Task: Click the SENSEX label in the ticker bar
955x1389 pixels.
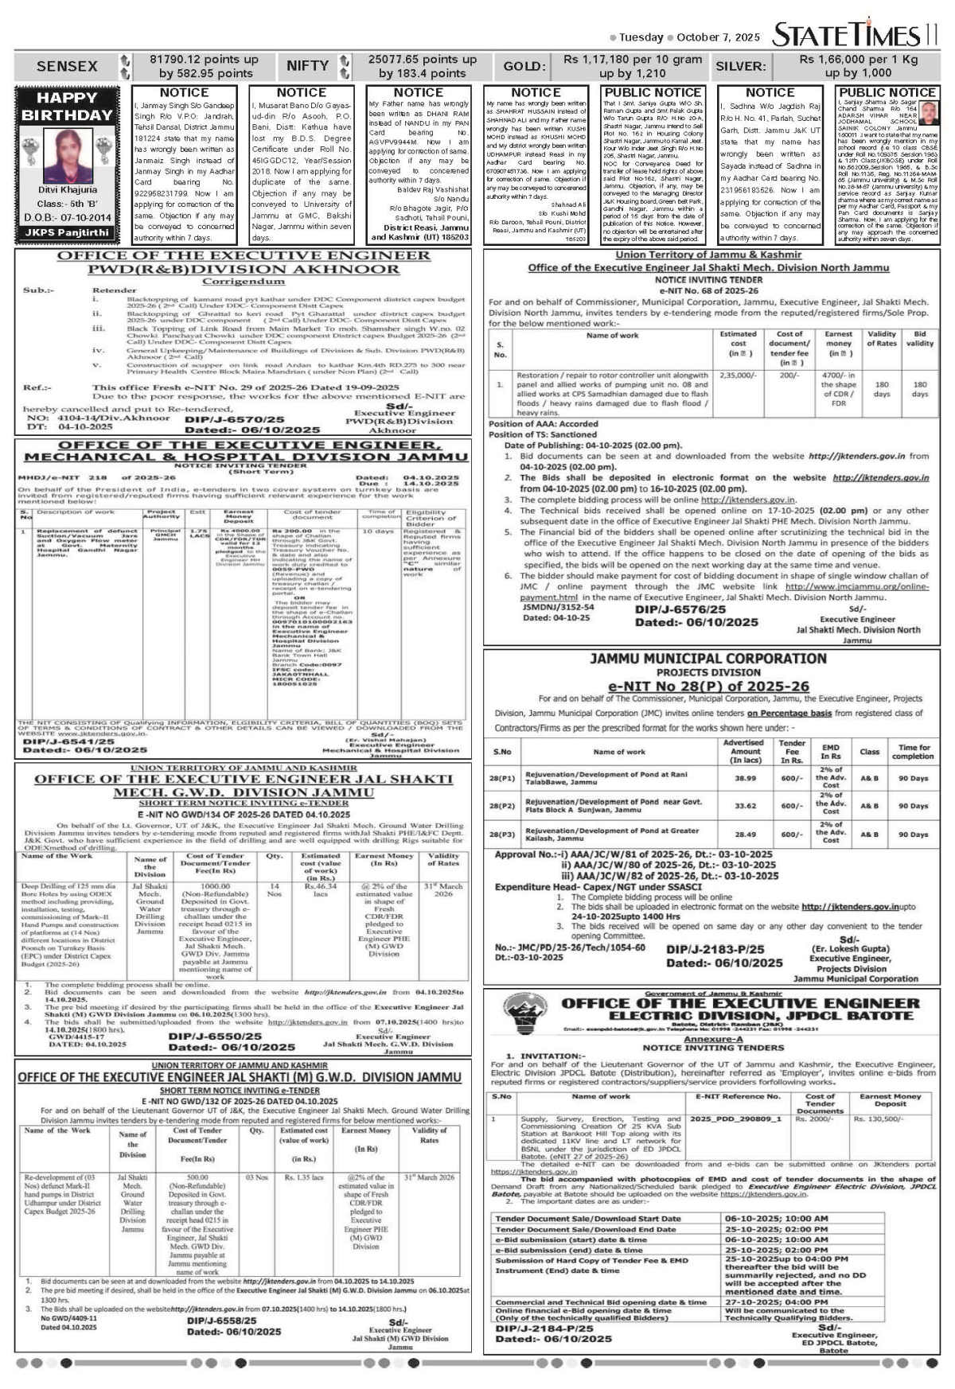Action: [67, 66]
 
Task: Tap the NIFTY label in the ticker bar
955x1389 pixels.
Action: [307, 66]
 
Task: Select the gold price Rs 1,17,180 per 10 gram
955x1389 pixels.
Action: [633, 60]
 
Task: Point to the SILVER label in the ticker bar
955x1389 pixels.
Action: [740, 66]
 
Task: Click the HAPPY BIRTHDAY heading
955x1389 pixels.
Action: [67, 106]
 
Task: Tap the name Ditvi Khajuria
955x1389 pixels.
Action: [68, 190]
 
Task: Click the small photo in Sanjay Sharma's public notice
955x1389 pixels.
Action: [928, 111]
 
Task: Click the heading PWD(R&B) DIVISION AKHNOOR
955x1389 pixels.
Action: [244, 269]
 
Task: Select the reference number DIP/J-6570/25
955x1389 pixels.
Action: [234, 419]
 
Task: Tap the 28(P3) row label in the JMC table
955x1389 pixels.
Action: [502, 835]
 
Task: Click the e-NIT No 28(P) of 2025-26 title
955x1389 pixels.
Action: [707, 686]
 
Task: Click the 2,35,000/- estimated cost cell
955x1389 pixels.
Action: [738, 374]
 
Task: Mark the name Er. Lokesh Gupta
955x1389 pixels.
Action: [850, 949]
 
